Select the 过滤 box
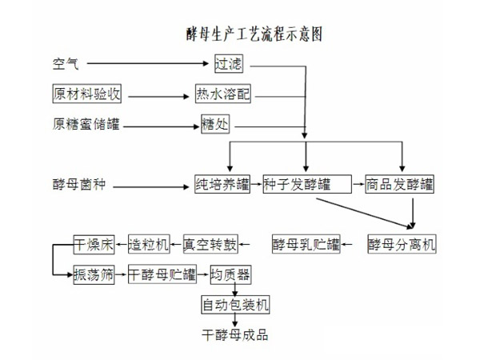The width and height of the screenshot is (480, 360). (228, 63)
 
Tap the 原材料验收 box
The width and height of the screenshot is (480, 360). (86, 94)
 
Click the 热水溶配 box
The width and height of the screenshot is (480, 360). (223, 94)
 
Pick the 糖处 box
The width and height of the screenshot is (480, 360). (214, 125)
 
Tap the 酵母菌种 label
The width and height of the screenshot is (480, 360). (78, 186)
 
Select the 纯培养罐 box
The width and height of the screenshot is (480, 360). (222, 186)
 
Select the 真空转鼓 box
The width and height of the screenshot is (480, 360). (210, 244)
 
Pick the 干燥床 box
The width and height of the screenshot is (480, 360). (94, 244)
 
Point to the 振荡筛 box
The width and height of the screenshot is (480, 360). (94, 274)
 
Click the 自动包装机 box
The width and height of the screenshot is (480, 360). (235, 305)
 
